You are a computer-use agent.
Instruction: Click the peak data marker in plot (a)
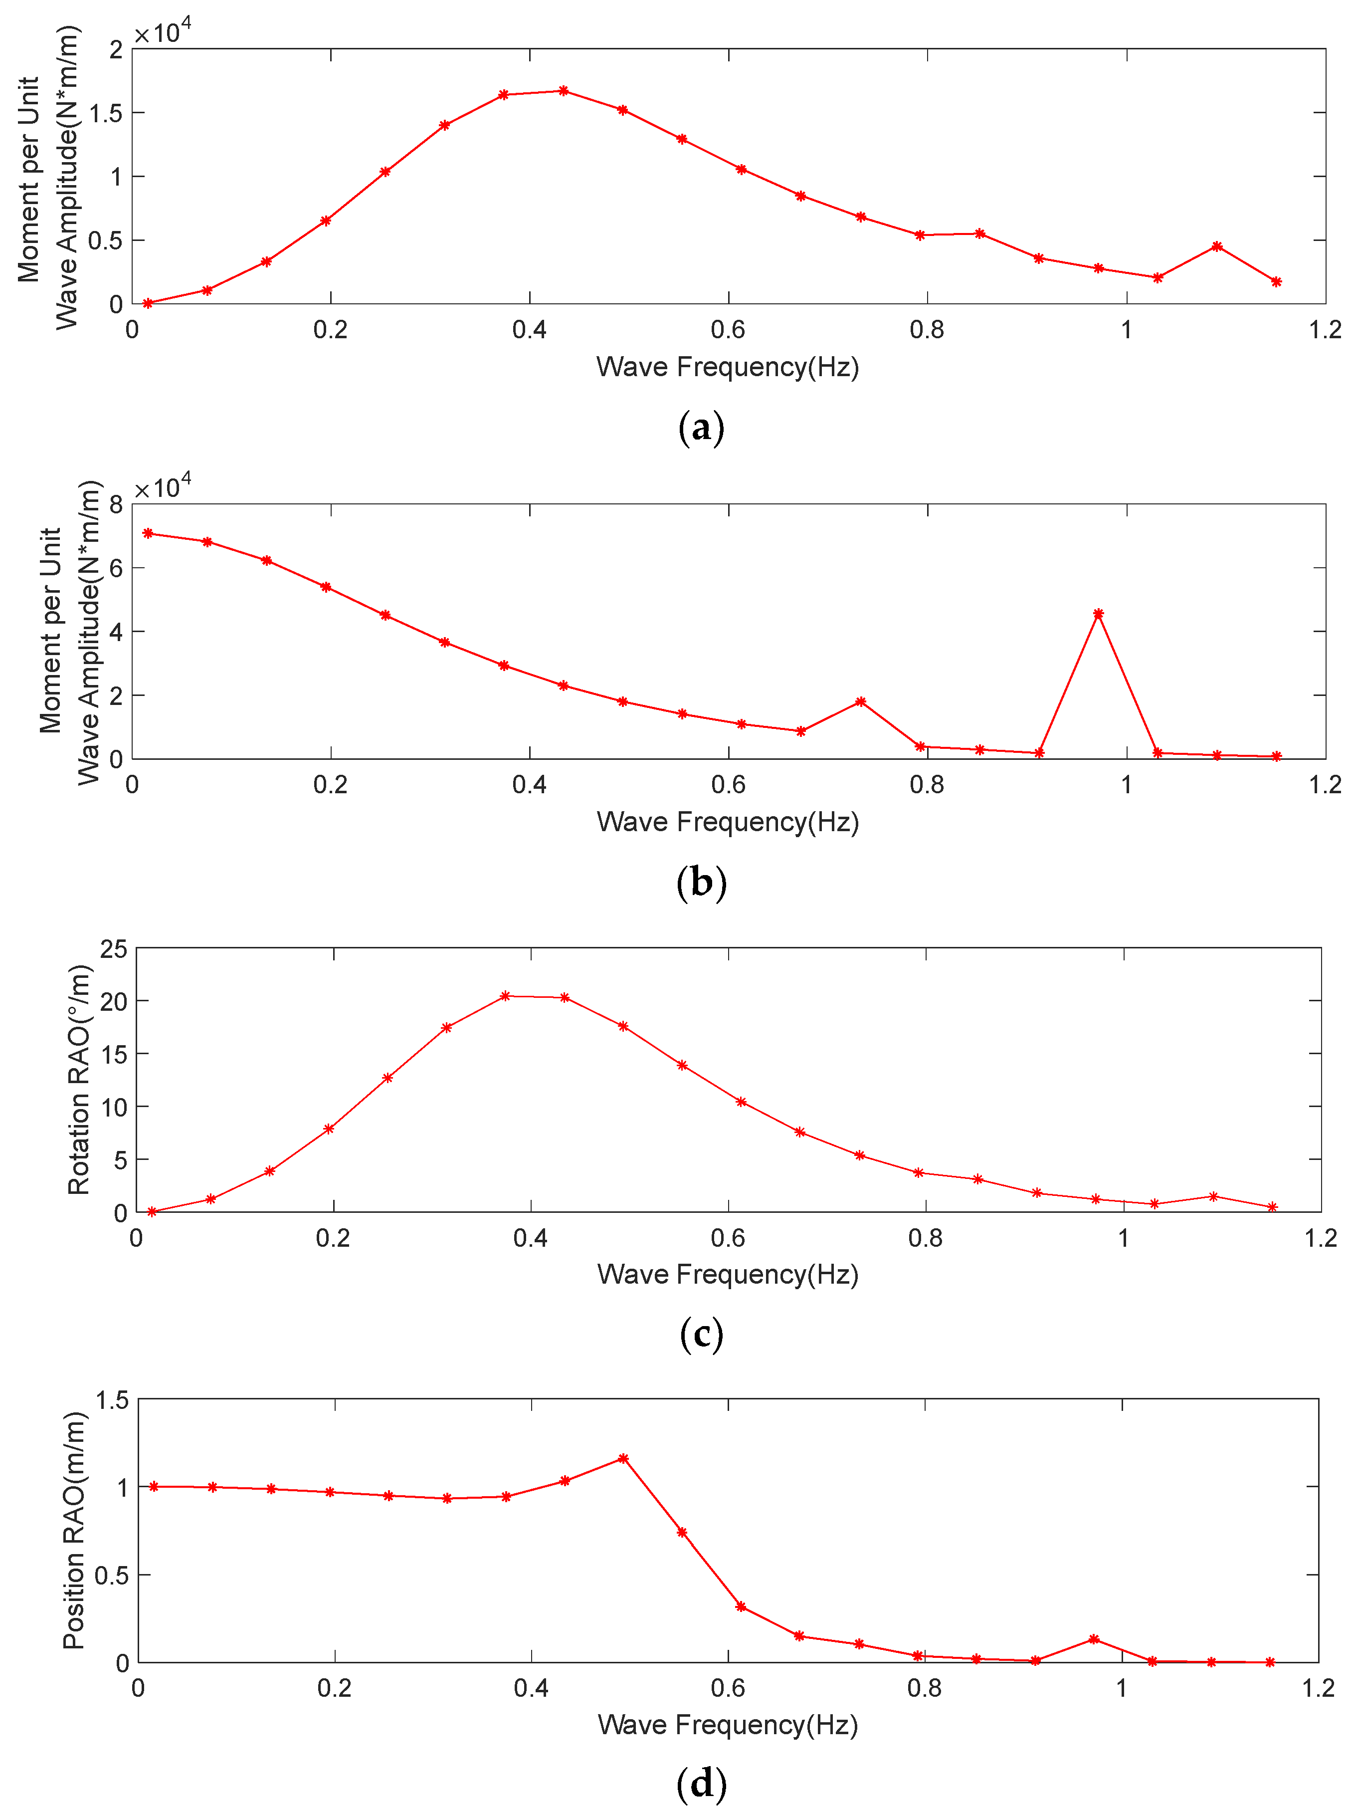[x=564, y=91]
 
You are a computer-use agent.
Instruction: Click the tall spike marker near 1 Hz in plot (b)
[x=1098, y=614]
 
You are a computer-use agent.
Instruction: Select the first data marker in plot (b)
[x=148, y=533]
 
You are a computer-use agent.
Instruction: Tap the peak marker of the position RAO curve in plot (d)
[x=624, y=1458]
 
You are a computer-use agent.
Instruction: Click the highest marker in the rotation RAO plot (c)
[x=505, y=996]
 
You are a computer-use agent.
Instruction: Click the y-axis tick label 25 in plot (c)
[x=114, y=949]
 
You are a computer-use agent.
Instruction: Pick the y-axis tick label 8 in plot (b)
[x=115, y=505]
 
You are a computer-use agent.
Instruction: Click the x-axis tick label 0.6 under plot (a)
[x=728, y=330]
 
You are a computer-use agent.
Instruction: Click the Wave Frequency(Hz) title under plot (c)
[x=728, y=1274]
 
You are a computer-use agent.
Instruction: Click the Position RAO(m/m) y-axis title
[x=74, y=1530]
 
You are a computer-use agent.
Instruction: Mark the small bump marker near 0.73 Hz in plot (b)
[x=860, y=702]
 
